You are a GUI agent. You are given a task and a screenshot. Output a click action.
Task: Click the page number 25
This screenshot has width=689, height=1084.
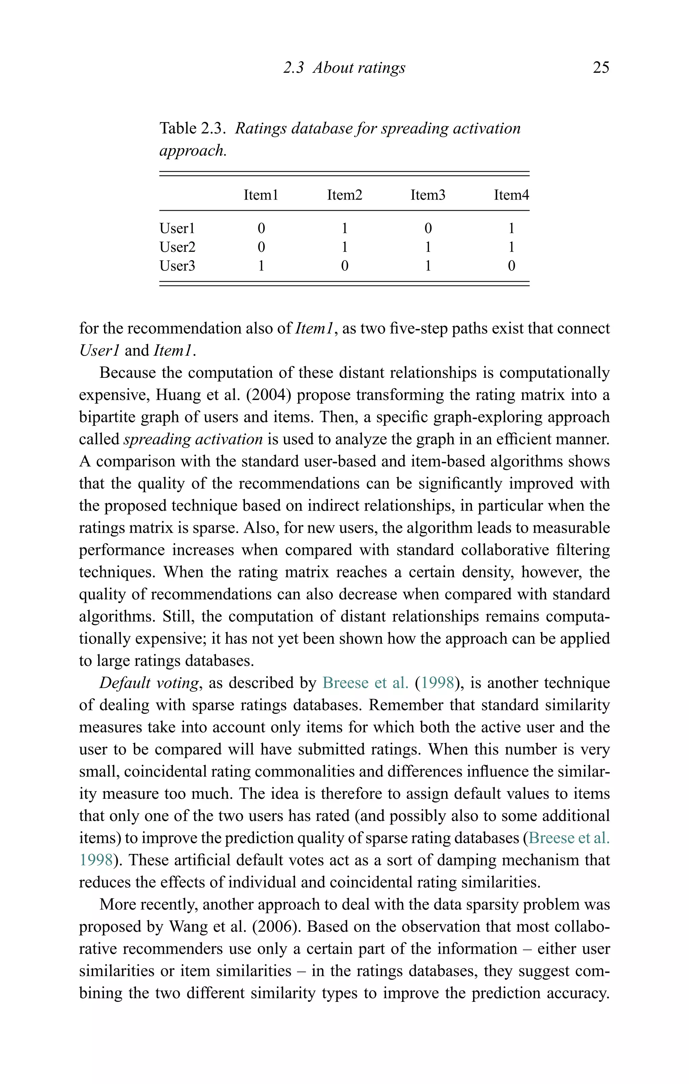click(x=601, y=68)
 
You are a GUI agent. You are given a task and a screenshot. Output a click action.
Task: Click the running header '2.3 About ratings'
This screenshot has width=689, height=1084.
click(x=344, y=68)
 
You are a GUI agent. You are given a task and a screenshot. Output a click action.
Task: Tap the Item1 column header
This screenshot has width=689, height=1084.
click(x=261, y=195)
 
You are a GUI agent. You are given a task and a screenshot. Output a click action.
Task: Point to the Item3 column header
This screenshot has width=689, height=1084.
click(x=428, y=195)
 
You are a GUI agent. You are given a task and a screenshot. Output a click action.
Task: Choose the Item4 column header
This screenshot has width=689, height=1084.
click(x=511, y=195)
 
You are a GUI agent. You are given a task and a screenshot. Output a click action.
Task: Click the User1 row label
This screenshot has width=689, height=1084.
click(x=177, y=228)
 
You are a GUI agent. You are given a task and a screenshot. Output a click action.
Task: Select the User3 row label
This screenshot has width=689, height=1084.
click(x=177, y=266)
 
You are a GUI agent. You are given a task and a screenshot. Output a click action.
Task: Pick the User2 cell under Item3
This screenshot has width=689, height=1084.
click(x=428, y=247)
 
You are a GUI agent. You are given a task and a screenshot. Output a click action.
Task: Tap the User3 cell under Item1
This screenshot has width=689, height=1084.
click(x=261, y=266)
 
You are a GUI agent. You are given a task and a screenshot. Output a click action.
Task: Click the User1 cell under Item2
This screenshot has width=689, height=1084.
click(x=344, y=228)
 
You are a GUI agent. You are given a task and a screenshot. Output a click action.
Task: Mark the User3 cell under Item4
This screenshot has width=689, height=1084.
click(x=511, y=266)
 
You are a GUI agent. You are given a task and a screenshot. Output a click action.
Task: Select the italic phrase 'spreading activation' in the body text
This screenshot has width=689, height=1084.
click(x=193, y=439)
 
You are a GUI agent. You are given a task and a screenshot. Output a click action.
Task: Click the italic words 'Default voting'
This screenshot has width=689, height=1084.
click(x=149, y=683)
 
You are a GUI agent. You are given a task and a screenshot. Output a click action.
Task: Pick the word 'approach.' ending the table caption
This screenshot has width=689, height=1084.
click(x=193, y=151)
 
